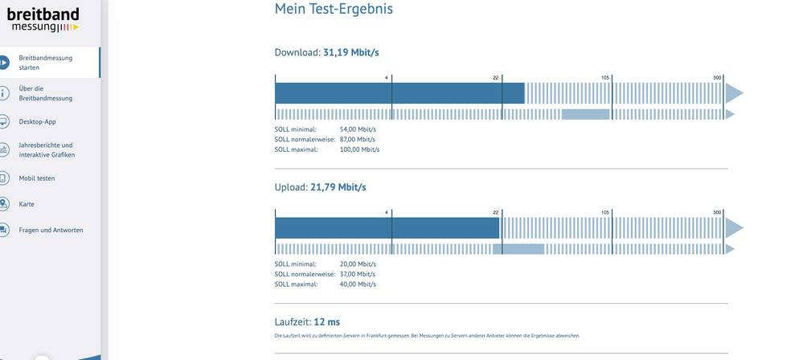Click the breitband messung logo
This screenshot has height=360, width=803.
(x=43, y=20)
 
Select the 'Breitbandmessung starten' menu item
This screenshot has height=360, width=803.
(x=46, y=63)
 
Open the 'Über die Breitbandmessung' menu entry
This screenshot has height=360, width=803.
(x=46, y=93)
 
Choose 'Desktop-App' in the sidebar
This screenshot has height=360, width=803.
(x=38, y=122)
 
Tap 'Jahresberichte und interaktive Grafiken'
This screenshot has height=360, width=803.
(x=47, y=150)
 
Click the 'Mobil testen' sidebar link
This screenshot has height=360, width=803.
(x=37, y=178)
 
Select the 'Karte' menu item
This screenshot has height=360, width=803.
(x=27, y=204)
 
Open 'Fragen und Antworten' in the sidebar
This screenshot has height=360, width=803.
(x=51, y=230)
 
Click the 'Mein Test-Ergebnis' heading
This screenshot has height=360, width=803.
(x=334, y=9)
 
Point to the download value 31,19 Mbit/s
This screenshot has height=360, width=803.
(x=350, y=52)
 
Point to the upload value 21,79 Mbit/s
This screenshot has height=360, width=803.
(x=338, y=187)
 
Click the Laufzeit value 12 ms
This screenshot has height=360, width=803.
(x=326, y=322)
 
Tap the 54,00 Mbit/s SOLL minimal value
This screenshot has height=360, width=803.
(x=358, y=129)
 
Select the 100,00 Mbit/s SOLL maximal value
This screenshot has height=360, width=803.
(x=359, y=149)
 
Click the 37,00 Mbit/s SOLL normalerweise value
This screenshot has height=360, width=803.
(x=358, y=274)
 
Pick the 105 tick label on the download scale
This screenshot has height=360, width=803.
(x=605, y=78)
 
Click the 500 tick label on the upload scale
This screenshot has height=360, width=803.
(x=717, y=212)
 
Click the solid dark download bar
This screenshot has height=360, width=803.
(x=400, y=93)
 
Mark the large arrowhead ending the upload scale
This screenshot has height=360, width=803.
(x=734, y=228)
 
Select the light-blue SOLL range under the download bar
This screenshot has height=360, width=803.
(x=586, y=114)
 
